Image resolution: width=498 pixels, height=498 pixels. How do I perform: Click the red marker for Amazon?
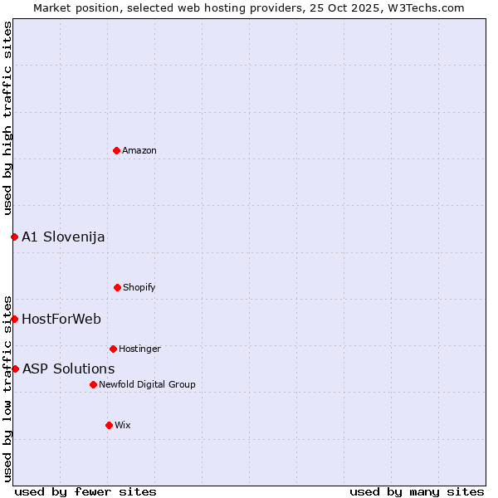pyautogui.click(x=116, y=150)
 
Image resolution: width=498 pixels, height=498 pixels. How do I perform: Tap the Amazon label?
pyautogui.click(x=139, y=150)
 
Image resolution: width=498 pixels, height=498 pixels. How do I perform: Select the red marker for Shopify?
pyautogui.click(x=117, y=287)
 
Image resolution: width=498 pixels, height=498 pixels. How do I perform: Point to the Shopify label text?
pyautogui.click(x=139, y=287)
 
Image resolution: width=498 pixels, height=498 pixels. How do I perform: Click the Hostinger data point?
pyautogui.click(x=113, y=349)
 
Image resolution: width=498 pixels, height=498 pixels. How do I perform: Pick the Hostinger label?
pyautogui.click(x=139, y=349)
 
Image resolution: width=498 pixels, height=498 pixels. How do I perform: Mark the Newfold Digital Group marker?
pyautogui.click(x=93, y=384)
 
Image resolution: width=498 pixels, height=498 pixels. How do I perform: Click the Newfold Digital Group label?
pyautogui.click(x=147, y=384)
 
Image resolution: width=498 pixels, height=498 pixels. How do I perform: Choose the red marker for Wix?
pyautogui.click(x=109, y=425)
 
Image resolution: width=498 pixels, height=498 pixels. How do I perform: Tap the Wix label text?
pyautogui.click(x=123, y=425)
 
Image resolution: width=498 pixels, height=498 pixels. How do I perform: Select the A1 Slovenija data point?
pyautogui.click(x=14, y=237)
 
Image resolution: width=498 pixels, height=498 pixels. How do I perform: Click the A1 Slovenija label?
pyautogui.click(x=63, y=237)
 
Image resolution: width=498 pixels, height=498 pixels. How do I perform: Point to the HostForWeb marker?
pyautogui.click(x=14, y=319)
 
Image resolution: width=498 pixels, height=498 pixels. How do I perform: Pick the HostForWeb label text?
pyautogui.click(x=61, y=319)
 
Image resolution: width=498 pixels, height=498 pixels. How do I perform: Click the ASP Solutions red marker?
pyautogui.click(x=15, y=369)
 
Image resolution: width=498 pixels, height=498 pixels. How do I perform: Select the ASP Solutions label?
pyautogui.click(x=68, y=369)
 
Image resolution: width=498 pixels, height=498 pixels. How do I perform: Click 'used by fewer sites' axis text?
pyautogui.click(x=85, y=491)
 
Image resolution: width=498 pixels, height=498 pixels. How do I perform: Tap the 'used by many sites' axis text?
pyautogui.click(x=417, y=491)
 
